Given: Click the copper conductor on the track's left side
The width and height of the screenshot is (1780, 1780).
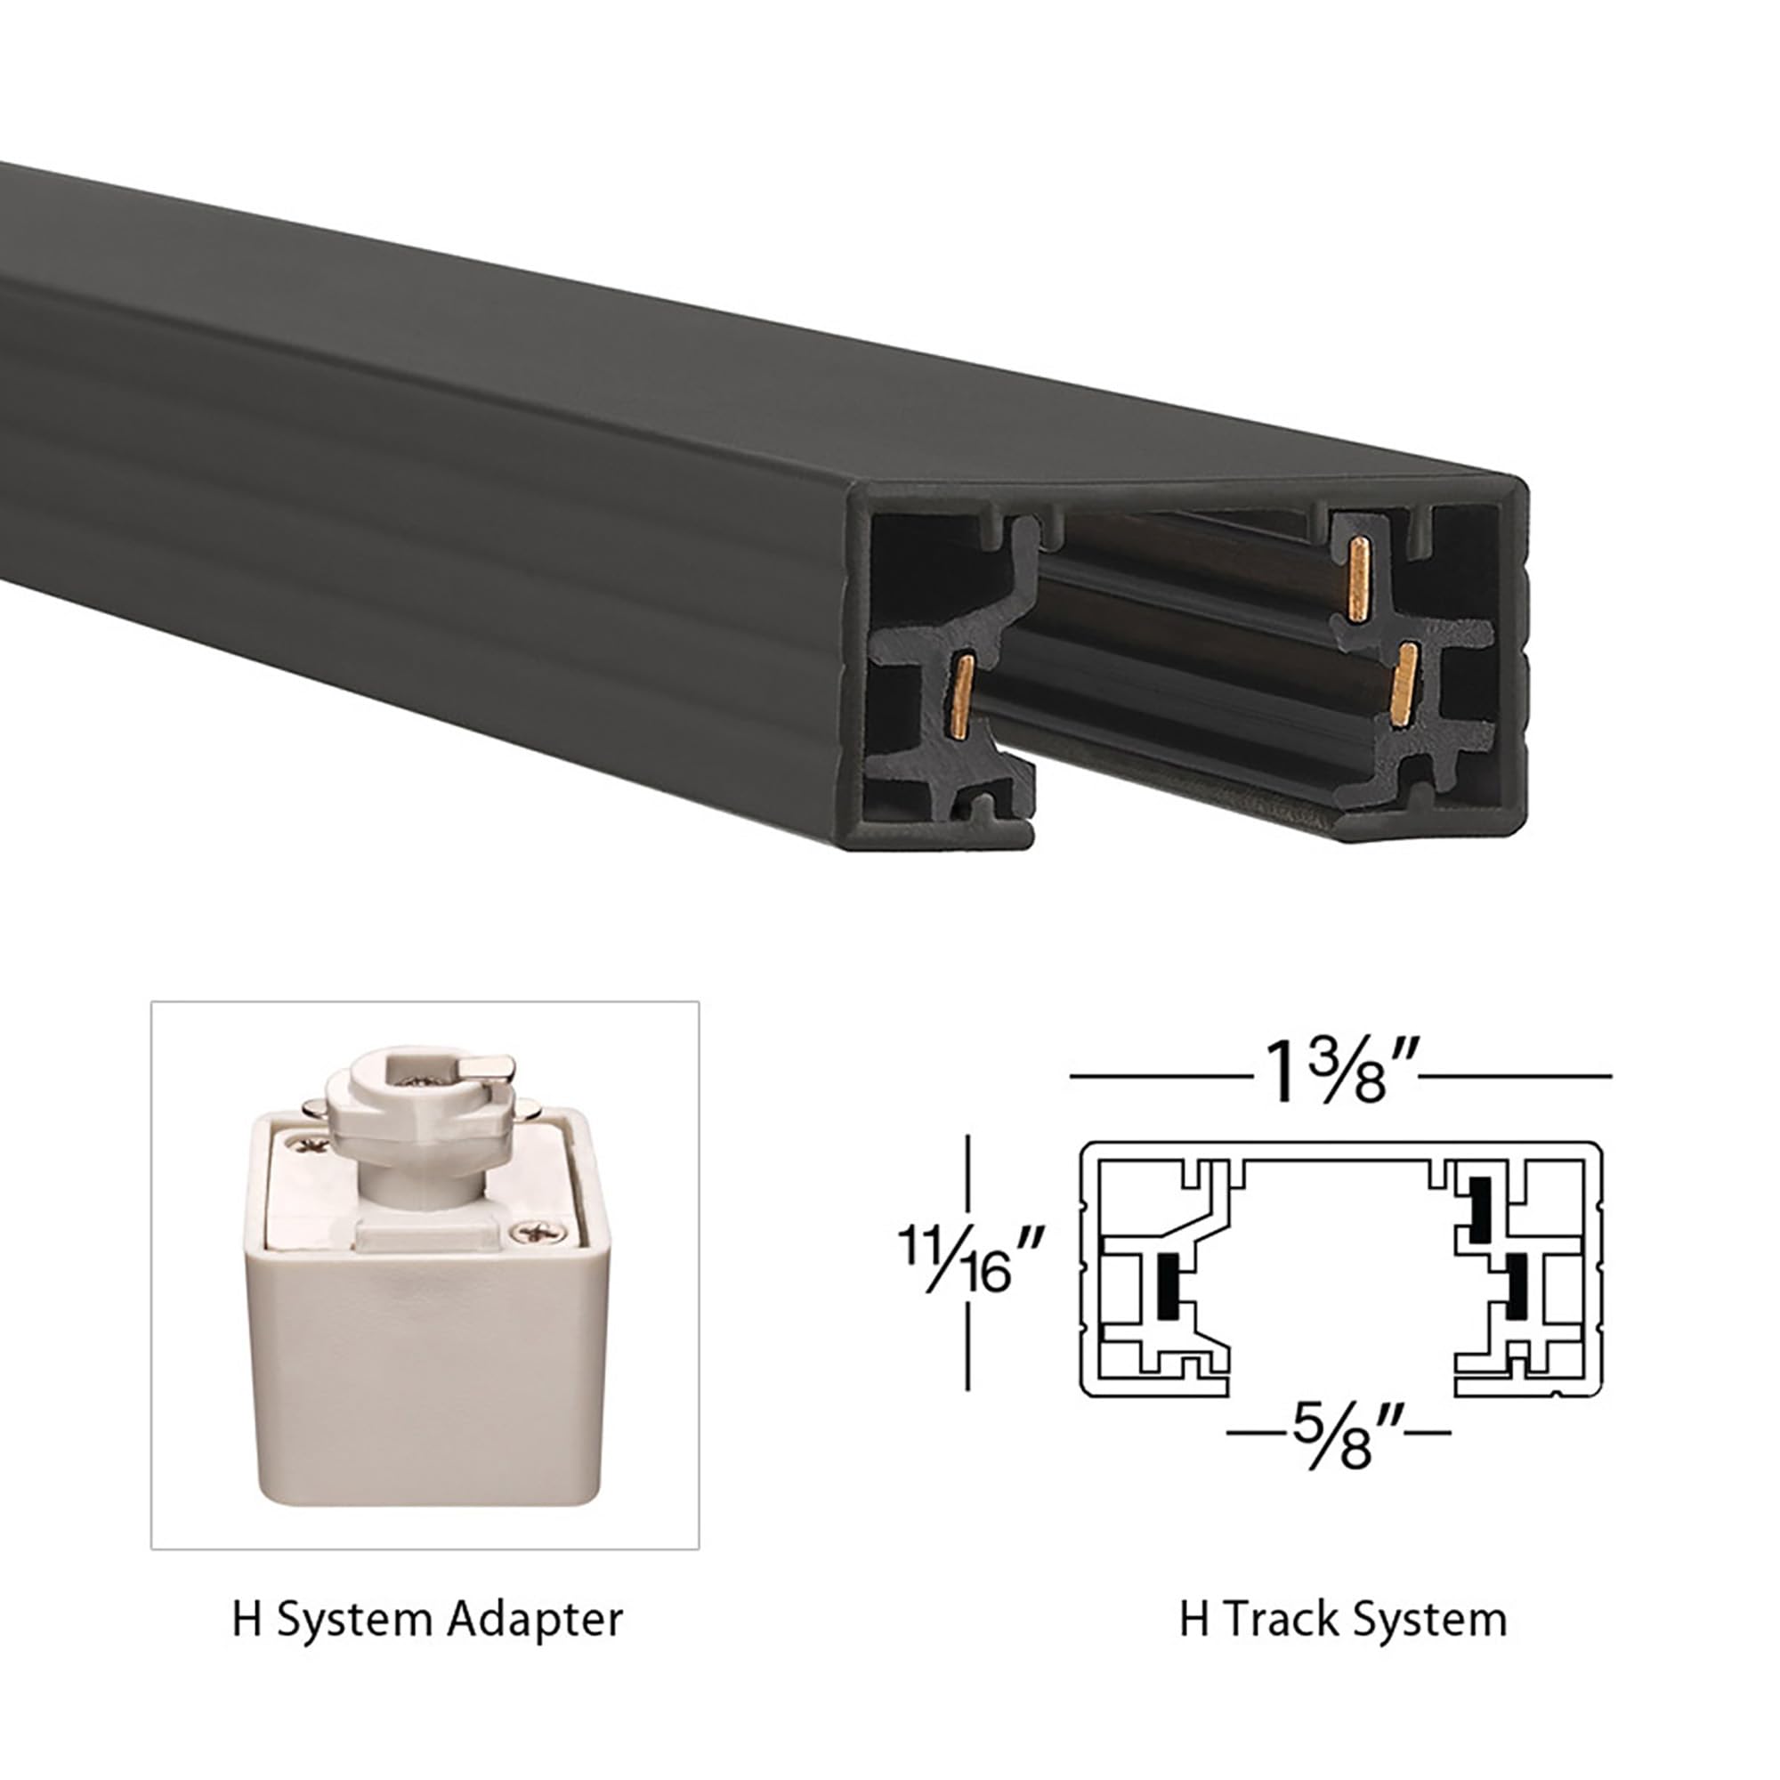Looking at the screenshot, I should click(963, 696).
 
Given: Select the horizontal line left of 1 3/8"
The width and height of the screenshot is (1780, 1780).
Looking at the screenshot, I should click(1160, 1075).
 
